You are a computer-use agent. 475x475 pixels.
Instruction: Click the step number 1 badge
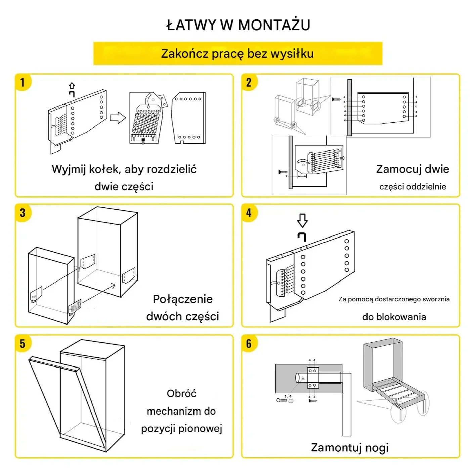click(x=23, y=82)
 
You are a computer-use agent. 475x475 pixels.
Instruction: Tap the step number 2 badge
click(x=249, y=82)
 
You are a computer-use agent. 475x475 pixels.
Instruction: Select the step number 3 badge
click(x=23, y=213)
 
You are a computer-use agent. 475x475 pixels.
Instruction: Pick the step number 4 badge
click(x=249, y=213)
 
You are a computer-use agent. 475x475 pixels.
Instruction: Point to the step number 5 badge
click(x=23, y=344)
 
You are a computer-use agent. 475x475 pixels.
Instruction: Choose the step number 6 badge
click(x=249, y=344)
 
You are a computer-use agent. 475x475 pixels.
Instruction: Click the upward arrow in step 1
click(x=72, y=86)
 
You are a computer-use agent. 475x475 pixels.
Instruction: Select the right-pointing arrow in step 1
click(x=118, y=118)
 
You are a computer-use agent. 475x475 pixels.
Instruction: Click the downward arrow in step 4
click(x=302, y=220)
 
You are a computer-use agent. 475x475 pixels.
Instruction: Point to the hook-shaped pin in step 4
click(x=302, y=236)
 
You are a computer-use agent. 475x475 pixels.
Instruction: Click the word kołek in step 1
click(x=105, y=169)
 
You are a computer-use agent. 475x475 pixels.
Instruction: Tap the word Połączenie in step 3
click(x=182, y=299)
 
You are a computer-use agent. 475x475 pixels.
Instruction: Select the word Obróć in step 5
click(x=181, y=393)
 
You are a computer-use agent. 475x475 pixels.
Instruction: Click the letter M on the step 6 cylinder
click(x=303, y=379)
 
